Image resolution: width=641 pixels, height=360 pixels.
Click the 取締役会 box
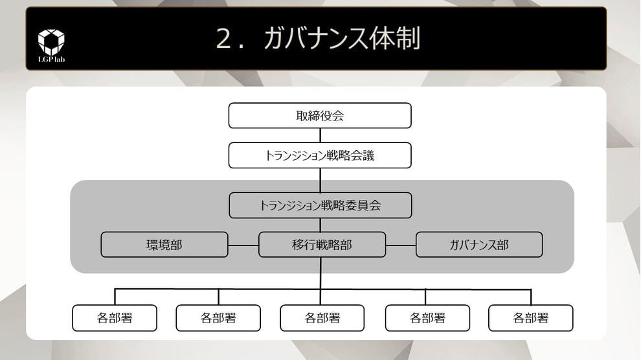[320, 116]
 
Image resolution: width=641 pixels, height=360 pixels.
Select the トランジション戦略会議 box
[320, 155]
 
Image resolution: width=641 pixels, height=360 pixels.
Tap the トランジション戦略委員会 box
[320, 205]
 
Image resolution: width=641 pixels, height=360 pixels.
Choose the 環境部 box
[164, 245]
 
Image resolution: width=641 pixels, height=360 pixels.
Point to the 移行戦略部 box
[322, 245]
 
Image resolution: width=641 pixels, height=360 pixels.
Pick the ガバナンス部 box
[478, 245]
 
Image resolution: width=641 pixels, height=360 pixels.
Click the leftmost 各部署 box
[115, 318]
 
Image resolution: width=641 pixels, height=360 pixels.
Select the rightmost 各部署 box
[530, 318]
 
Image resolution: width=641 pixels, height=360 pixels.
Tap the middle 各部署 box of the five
[322, 318]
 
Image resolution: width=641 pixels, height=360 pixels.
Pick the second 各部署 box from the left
[218, 318]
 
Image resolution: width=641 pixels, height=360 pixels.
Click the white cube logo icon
[51, 41]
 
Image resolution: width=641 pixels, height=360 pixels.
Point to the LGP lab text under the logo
[51, 60]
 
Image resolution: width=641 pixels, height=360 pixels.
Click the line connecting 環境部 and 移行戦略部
[243, 245]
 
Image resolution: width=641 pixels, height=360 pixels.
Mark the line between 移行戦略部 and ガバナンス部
[400, 245]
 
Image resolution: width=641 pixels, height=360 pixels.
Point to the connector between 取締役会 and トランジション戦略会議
[320, 135]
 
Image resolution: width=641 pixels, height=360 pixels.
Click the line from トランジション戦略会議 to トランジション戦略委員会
[320, 180]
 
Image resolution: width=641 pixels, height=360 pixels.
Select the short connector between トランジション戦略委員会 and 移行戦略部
[320, 225]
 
